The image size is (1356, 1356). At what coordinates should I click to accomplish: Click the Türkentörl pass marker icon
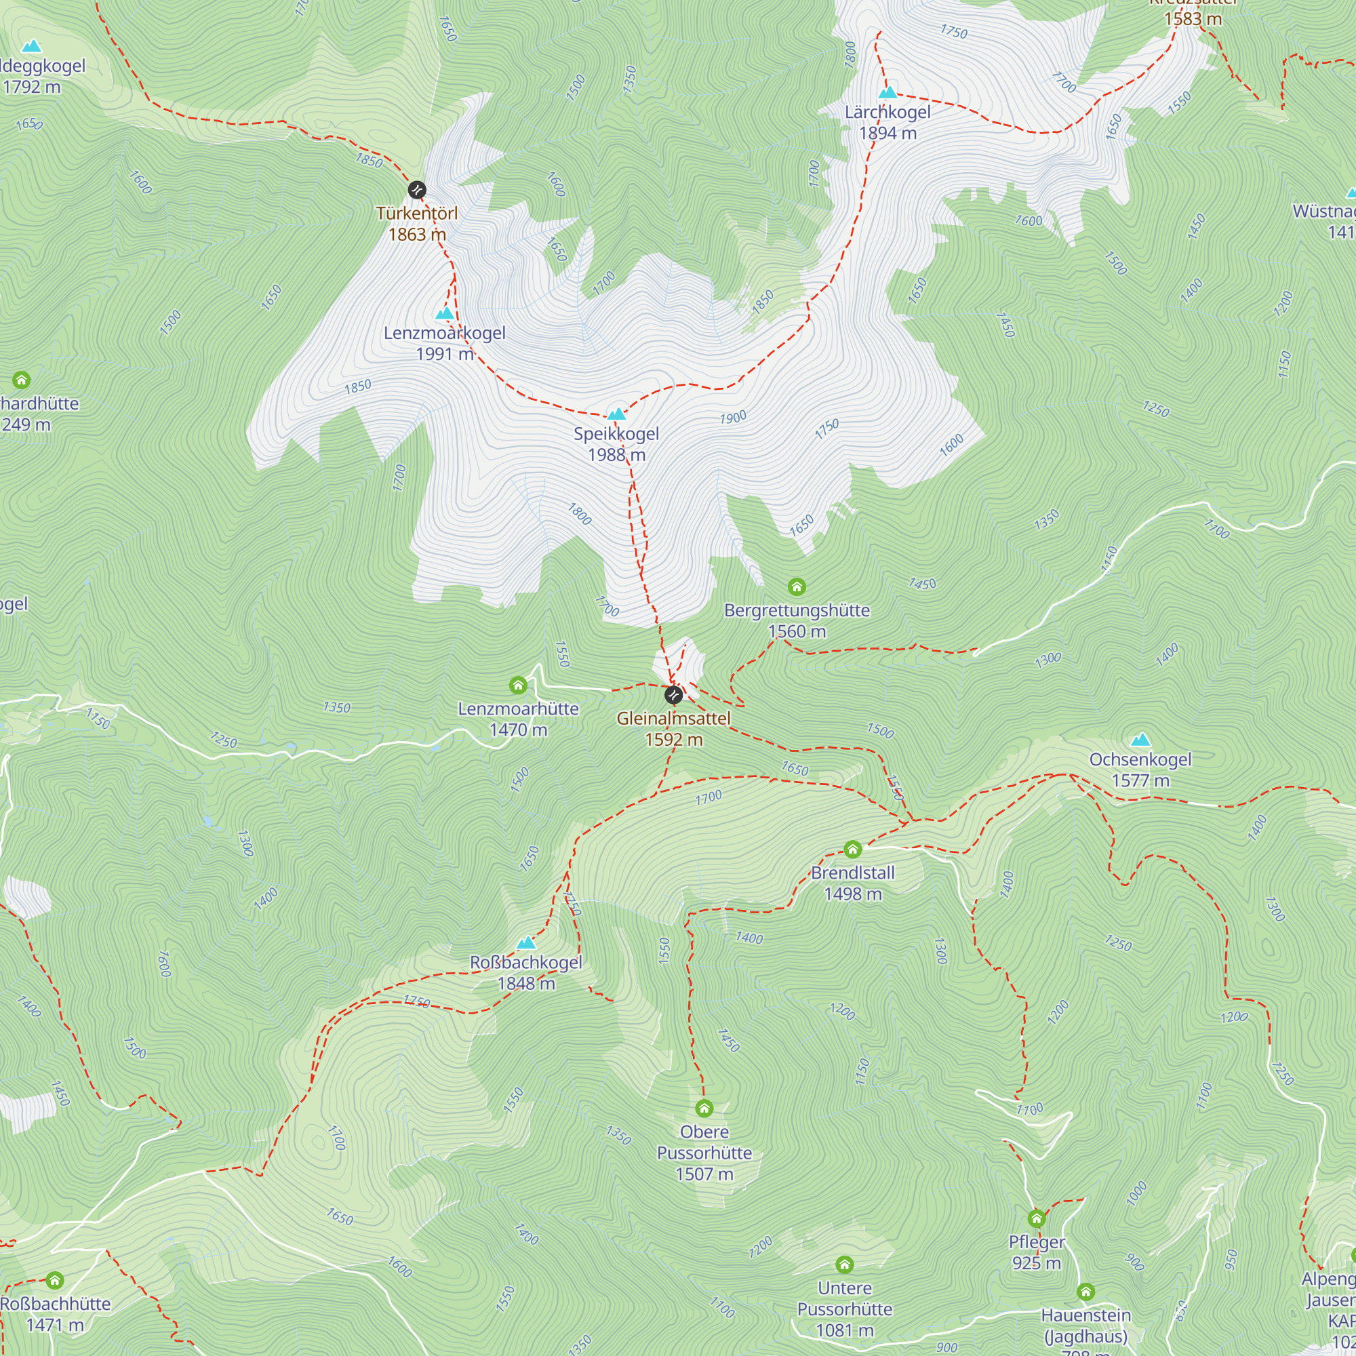(x=417, y=190)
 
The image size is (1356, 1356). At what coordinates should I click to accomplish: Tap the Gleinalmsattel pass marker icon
(x=673, y=695)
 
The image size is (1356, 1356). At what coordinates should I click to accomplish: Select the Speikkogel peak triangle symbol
(x=616, y=414)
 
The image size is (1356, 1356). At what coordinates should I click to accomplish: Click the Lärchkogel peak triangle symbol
(x=888, y=93)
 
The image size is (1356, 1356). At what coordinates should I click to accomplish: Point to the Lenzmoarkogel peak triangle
(x=445, y=313)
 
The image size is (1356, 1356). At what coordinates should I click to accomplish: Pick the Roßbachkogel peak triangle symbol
(x=526, y=942)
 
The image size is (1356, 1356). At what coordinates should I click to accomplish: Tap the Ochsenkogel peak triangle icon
(x=1141, y=740)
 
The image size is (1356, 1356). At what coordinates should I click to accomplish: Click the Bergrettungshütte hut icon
(x=797, y=586)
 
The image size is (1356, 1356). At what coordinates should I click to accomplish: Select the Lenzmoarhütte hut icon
(x=518, y=685)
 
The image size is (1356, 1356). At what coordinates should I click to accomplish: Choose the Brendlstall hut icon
(x=853, y=850)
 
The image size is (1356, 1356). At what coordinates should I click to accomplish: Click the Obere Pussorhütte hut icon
(x=704, y=1108)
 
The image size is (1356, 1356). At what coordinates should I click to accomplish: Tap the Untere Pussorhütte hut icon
(x=845, y=1264)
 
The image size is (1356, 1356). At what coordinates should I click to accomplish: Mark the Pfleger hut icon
(x=1037, y=1218)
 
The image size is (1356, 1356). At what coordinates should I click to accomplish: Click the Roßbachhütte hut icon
(x=55, y=1280)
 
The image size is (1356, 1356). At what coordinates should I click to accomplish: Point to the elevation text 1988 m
(x=616, y=455)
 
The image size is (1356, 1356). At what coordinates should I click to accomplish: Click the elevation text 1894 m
(x=888, y=133)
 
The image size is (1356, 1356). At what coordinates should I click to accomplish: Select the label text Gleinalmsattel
(x=673, y=718)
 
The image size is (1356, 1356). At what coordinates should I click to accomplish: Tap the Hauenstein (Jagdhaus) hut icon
(x=1085, y=1292)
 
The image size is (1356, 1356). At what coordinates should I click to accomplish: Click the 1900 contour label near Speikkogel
(x=733, y=418)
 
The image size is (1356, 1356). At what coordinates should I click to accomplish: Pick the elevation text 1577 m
(x=1140, y=780)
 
